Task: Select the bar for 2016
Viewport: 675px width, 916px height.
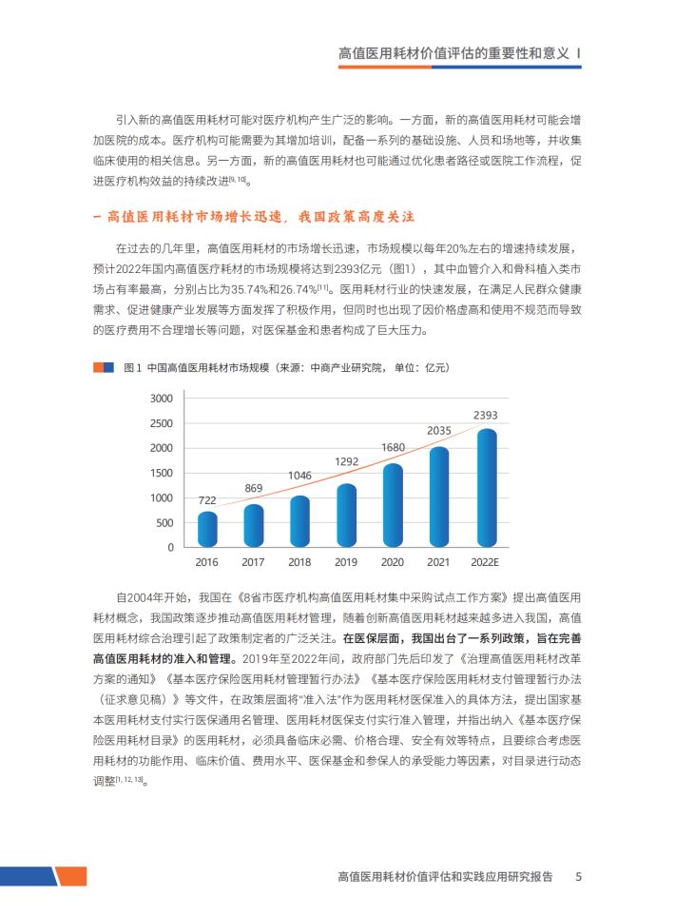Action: pyautogui.click(x=207, y=529)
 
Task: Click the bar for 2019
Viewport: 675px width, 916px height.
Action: pyautogui.click(x=347, y=516)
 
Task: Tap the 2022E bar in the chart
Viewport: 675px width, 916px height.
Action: pyautogui.click(x=486, y=487)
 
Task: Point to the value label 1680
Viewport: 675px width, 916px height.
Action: pyautogui.click(x=393, y=447)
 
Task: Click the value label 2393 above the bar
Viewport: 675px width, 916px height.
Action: pyautogui.click(x=486, y=415)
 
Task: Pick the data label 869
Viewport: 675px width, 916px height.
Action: pyautogui.click(x=254, y=489)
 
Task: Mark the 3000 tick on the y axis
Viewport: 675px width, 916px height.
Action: pyautogui.click(x=163, y=398)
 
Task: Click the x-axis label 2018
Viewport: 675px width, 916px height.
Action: pyautogui.click(x=299, y=562)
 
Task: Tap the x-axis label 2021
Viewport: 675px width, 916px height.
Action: pyautogui.click(x=438, y=562)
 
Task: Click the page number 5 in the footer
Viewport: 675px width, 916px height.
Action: pyautogui.click(x=578, y=876)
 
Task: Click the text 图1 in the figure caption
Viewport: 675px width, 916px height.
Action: pyautogui.click(x=132, y=367)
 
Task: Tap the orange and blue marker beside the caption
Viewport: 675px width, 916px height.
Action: pyautogui.click(x=104, y=367)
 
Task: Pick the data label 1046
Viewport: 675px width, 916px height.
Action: pyautogui.click(x=299, y=475)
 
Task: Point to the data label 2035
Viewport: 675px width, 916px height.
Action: pyautogui.click(x=438, y=431)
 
